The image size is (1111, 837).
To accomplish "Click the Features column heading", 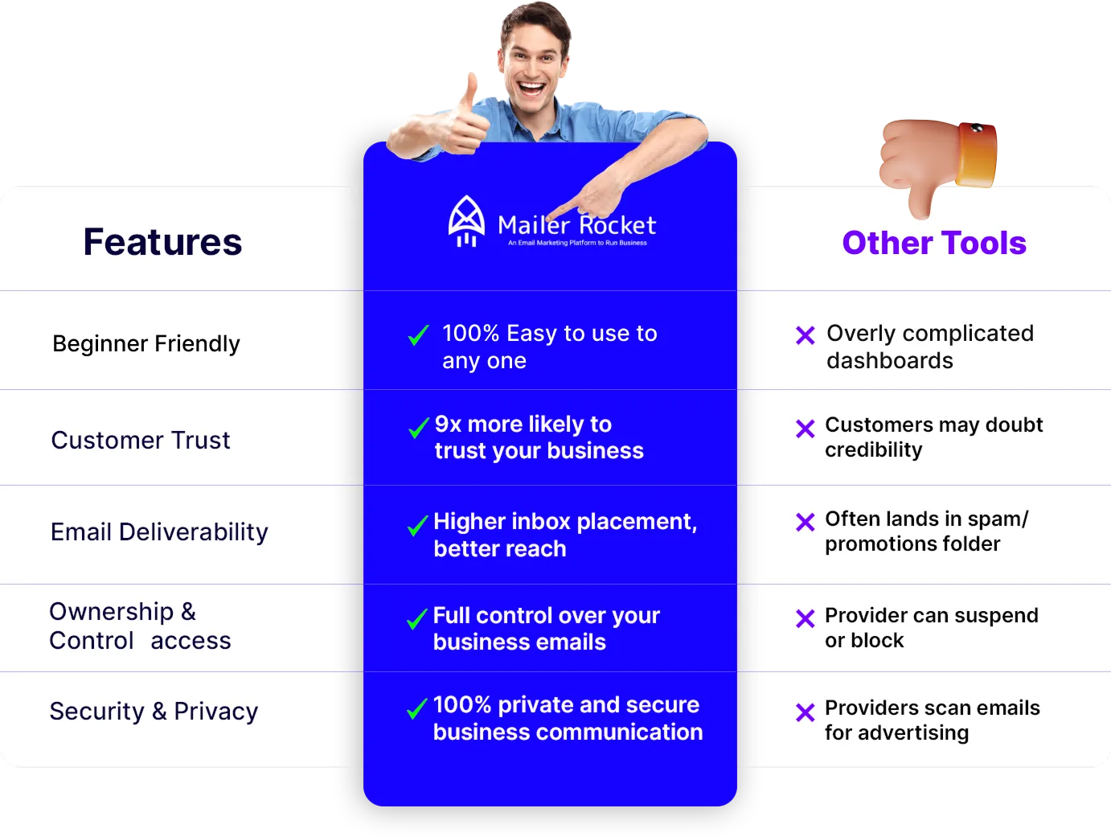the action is click(162, 242).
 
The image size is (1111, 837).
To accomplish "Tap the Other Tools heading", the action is click(934, 242).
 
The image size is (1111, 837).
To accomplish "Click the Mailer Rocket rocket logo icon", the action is click(466, 222).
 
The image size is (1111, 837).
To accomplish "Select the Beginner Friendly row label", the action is click(146, 343).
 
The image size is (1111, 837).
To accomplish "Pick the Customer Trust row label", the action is click(140, 440).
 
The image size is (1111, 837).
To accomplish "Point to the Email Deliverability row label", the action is click(159, 532).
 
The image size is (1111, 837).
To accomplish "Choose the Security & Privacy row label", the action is click(154, 712).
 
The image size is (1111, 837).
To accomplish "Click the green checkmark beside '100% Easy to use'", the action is click(419, 335).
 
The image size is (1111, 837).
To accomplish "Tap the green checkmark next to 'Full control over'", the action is click(417, 618).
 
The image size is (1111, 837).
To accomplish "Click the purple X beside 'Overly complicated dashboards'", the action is click(805, 335).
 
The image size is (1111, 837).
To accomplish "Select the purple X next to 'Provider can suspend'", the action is click(805, 618).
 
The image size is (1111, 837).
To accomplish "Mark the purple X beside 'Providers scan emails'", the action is click(805, 712).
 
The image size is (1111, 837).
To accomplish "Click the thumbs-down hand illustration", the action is click(937, 167).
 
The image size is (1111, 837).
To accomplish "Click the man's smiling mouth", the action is click(531, 89).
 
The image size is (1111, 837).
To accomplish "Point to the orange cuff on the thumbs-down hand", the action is click(977, 154).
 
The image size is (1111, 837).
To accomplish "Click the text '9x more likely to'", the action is click(523, 424).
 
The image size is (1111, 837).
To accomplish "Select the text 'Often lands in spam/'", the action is click(926, 519).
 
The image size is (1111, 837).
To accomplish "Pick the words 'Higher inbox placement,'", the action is click(565, 522).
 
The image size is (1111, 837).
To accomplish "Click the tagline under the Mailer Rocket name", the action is click(577, 243).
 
